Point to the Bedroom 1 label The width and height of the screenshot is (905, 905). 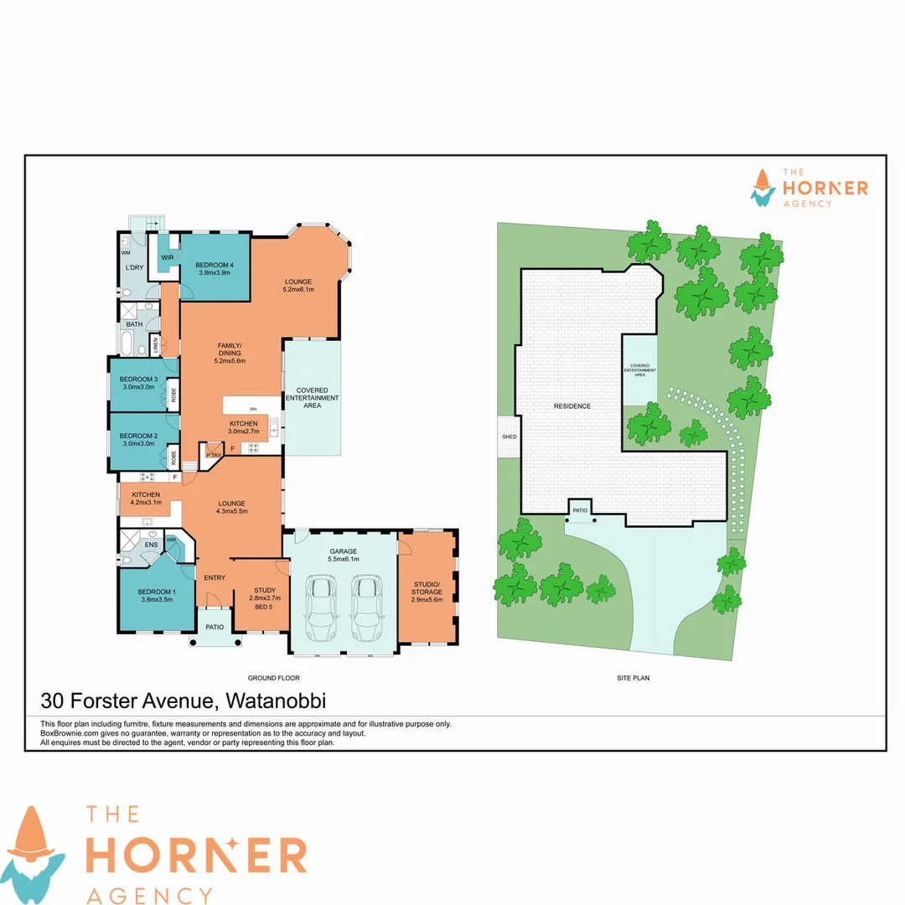coord(157,593)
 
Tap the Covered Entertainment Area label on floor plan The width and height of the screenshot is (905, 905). coord(312,397)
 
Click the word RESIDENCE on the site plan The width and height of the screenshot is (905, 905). coord(572,406)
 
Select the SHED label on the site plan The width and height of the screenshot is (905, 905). coord(509,437)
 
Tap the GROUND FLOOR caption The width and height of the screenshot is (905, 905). coord(274,678)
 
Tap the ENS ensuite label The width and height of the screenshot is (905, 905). coord(151,546)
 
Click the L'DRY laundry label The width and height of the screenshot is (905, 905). coord(135,266)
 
